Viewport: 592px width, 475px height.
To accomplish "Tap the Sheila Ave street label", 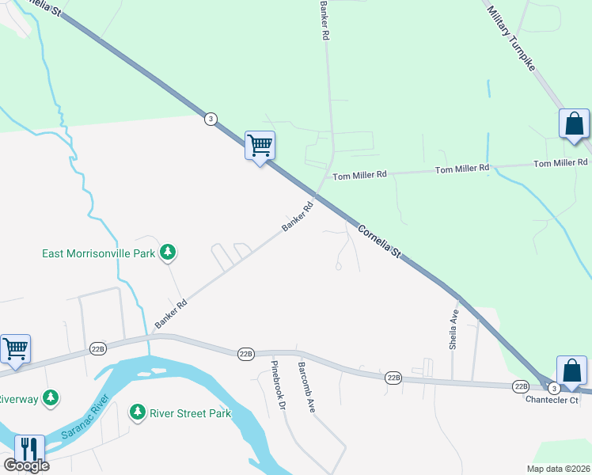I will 454,329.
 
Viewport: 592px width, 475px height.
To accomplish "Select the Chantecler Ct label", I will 552,400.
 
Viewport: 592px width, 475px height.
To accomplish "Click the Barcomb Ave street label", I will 306,387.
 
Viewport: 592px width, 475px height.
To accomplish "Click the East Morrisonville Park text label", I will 99,253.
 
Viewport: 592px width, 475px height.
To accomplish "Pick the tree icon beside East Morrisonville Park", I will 167,253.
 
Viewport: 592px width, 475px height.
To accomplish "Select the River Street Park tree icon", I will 138,412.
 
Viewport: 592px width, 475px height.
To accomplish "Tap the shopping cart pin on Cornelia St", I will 260,146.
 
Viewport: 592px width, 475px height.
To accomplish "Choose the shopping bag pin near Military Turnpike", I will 574,125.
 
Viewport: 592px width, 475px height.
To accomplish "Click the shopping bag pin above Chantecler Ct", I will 571,371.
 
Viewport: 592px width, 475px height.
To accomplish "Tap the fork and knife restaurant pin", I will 28,450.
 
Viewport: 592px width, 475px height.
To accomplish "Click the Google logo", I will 26,465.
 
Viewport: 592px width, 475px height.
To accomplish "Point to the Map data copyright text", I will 558,469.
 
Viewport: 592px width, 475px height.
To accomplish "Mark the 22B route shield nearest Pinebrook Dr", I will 245,355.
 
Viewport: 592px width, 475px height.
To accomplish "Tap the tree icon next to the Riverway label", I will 51,397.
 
